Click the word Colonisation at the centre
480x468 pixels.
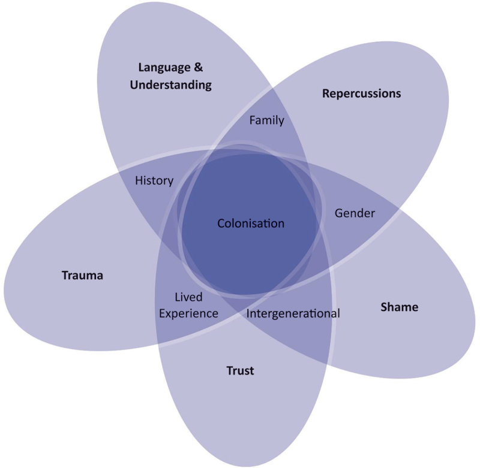click(x=250, y=224)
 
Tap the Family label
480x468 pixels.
click(x=266, y=120)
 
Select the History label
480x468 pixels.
click(x=154, y=180)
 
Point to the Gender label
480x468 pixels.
click(x=355, y=213)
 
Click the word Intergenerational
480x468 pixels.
click(x=293, y=313)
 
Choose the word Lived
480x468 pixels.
click(x=188, y=297)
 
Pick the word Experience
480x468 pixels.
click(x=188, y=313)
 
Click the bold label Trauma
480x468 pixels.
click(x=83, y=276)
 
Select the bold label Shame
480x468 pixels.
click(x=399, y=307)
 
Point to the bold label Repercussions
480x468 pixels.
click(x=361, y=93)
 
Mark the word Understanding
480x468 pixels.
click(x=174, y=84)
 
